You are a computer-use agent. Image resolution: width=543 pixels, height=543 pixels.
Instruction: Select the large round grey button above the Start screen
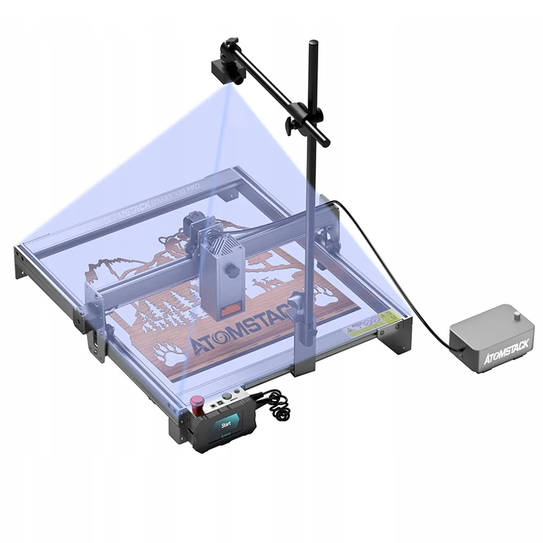tap(238, 394)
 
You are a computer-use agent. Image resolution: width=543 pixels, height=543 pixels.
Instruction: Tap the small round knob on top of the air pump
tap(519, 315)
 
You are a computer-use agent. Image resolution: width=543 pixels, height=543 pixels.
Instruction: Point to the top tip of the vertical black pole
tap(313, 45)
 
